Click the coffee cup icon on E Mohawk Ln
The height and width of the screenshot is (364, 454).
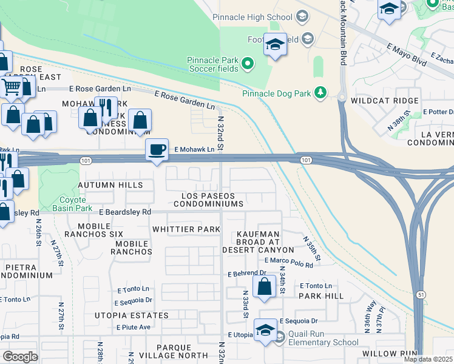point(157,149)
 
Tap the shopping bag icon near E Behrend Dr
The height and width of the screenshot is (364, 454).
point(265,287)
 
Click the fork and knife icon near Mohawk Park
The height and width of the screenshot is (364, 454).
point(107,107)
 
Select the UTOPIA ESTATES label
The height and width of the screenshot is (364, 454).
point(131,315)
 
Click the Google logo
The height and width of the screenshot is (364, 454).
point(20,357)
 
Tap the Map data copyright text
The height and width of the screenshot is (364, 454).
point(427,359)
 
